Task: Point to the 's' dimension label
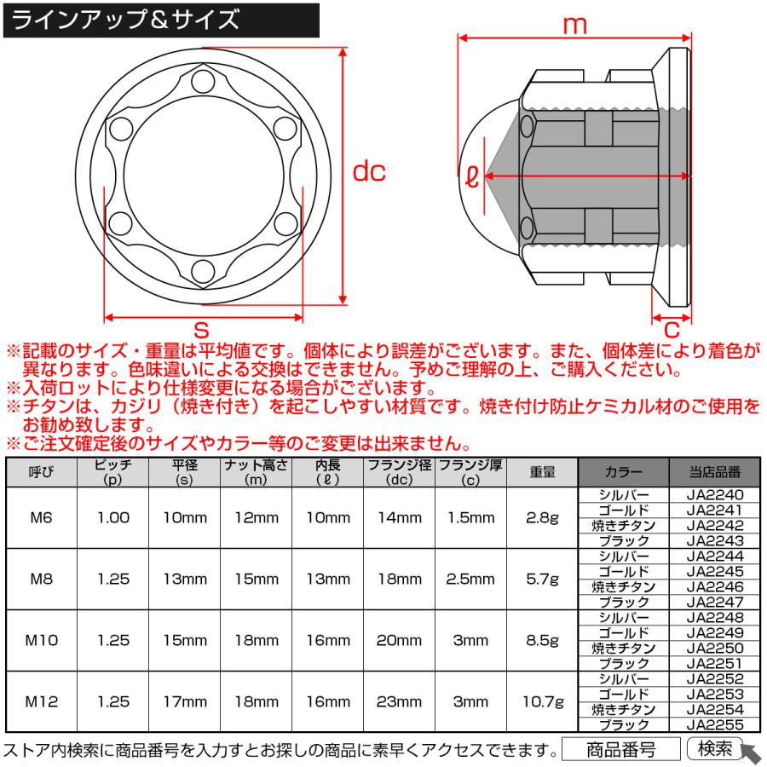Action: (202, 328)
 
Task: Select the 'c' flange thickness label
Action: (672, 328)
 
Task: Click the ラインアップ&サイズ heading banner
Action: (162, 20)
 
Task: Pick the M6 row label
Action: (42, 517)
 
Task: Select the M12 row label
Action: (42, 701)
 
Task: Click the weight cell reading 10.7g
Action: (542, 701)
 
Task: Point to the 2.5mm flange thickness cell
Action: (470, 579)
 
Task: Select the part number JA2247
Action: (714, 602)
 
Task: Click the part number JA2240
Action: (714, 494)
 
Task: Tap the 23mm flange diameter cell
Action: (399, 701)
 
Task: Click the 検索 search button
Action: (714, 748)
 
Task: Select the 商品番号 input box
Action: (620, 749)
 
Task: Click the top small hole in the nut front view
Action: (203, 84)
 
